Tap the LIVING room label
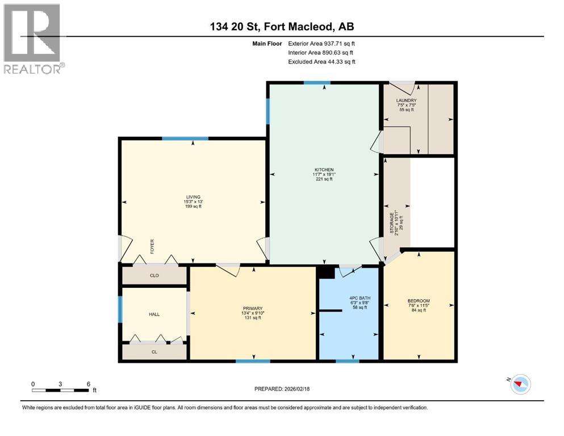pos(193,197)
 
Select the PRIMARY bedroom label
pos(252,308)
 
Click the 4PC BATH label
pos(348,299)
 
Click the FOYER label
pos(152,246)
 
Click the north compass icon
pos(520,384)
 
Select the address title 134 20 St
pos(282,27)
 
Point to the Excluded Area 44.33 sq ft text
pos(321,61)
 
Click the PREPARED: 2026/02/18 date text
pos(282,389)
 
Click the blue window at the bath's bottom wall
pos(347,360)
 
